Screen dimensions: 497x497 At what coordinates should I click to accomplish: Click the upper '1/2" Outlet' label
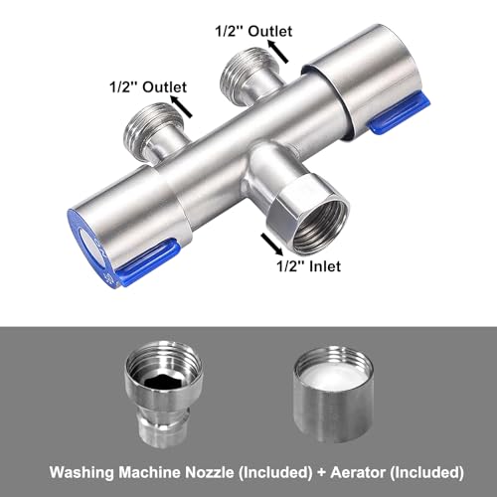253,31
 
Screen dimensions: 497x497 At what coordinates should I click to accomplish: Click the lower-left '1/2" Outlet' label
148,87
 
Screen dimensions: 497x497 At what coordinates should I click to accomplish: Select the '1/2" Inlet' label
308,266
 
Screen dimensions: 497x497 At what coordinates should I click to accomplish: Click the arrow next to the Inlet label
272,244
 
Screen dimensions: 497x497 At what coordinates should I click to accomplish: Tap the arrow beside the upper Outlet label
278,51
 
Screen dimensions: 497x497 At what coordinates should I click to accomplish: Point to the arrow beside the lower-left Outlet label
181,106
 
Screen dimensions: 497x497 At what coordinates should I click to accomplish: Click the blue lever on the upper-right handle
400,114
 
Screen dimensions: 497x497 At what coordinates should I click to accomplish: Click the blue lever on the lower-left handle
146,260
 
